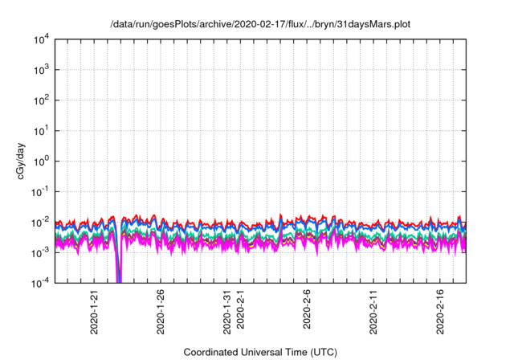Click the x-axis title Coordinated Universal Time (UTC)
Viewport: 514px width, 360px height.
tap(260, 352)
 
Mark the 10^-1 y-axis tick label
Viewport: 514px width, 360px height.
tap(40, 191)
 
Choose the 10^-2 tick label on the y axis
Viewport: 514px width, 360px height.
tap(40, 222)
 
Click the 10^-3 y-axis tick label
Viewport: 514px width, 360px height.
tap(40, 252)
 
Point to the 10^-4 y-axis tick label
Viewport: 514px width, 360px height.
tap(40, 283)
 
